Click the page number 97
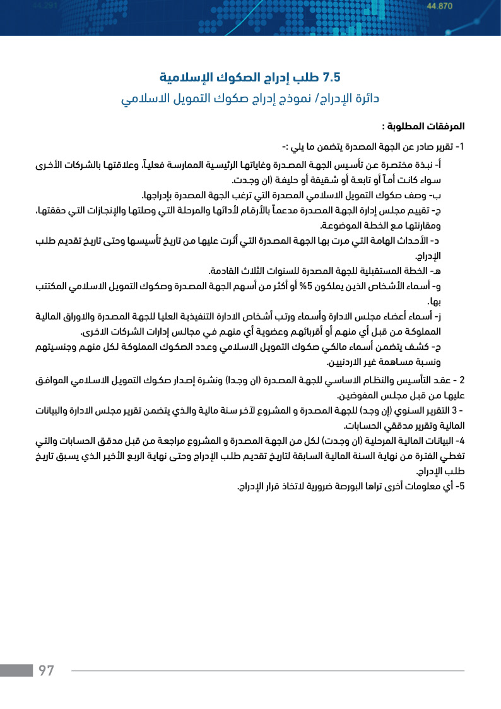click(47, 670)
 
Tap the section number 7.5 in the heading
click(331, 78)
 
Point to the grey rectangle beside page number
click(16, 670)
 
